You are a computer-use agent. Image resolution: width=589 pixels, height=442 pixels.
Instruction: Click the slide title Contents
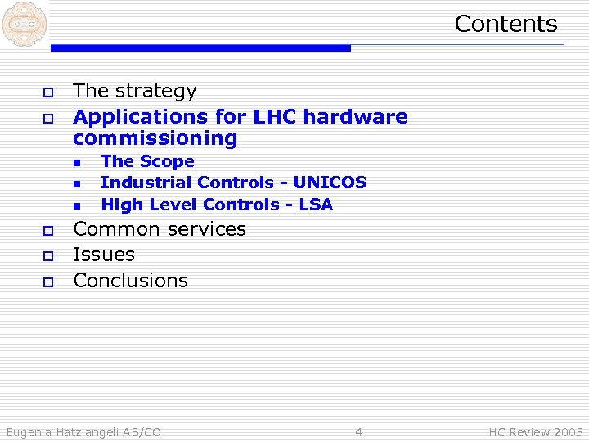pos(506,24)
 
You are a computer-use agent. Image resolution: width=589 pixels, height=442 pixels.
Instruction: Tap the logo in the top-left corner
pos(24,24)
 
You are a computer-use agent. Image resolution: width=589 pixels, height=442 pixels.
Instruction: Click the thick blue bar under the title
pos(200,48)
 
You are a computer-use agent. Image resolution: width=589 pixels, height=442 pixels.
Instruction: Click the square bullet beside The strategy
pos(47,92)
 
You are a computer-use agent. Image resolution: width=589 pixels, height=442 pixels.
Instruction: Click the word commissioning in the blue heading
pos(155,138)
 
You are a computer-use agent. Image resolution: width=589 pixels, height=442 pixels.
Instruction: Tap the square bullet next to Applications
pos(47,118)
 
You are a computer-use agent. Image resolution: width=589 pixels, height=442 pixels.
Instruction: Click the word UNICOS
pos(330,183)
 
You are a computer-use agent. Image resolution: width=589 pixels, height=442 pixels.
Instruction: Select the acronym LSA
pos(316,204)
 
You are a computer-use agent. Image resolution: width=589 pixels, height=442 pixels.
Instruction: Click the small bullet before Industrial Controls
pos(76,183)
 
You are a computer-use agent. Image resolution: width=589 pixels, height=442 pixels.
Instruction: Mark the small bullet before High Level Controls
pos(76,205)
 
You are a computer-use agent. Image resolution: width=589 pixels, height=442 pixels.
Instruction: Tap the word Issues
pos(104,255)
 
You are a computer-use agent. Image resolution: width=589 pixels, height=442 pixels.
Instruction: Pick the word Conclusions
pos(131,280)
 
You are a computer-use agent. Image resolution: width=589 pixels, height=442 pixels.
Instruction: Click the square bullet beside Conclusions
pos(47,282)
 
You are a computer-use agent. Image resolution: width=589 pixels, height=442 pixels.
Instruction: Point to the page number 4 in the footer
pos(358,431)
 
